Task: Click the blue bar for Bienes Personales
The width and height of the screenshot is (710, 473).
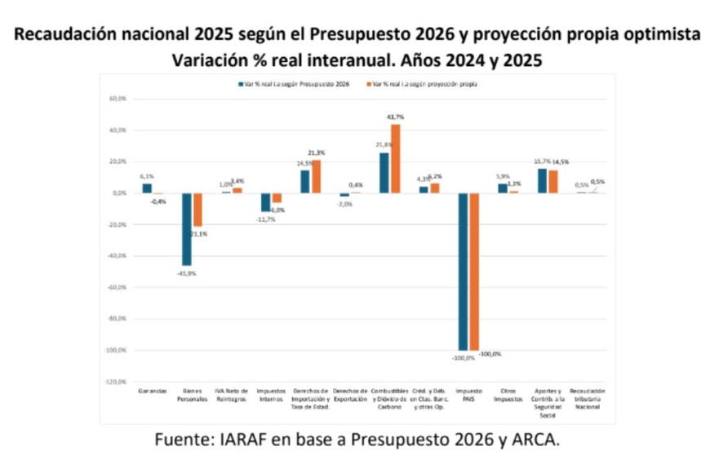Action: [x=186, y=229]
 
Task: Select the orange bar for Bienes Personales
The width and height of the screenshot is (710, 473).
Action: [x=197, y=210]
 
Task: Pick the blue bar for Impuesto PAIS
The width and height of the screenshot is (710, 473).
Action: [x=463, y=272]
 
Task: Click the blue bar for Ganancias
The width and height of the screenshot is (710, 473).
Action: [x=147, y=188]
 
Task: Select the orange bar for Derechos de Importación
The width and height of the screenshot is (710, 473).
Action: [x=316, y=176]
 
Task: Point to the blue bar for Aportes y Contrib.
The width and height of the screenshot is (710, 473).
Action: [x=542, y=180]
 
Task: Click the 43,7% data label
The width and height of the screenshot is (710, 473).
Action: [x=396, y=117]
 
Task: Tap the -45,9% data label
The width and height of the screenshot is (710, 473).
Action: [x=187, y=273]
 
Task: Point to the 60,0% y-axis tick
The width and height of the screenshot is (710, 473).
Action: [x=116, y=99]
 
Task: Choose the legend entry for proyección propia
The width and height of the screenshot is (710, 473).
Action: [x=425, y=84]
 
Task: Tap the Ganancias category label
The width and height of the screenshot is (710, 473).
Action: [x=147, y=391]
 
